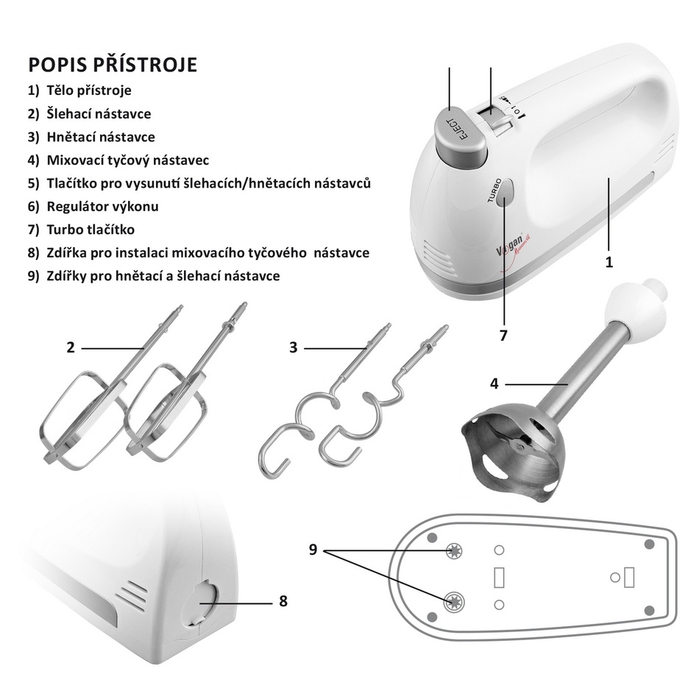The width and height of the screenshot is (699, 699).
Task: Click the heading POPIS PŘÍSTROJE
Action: [113, 64]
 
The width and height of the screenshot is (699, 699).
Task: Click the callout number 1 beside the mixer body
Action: [609, 262]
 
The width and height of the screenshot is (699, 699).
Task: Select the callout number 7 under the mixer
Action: [503, 336]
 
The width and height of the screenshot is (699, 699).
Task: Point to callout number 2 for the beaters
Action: [71, 347]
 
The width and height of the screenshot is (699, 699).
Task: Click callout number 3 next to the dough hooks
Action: [293, 347]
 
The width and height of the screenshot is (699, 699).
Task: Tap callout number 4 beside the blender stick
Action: [494, 383]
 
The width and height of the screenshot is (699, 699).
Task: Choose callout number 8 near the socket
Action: [283, 601]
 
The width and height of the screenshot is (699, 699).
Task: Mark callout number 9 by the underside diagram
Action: [313, 550]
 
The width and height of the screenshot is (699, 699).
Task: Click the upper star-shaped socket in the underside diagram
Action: [454, 551]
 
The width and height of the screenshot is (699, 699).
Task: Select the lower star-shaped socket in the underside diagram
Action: [454, 603]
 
